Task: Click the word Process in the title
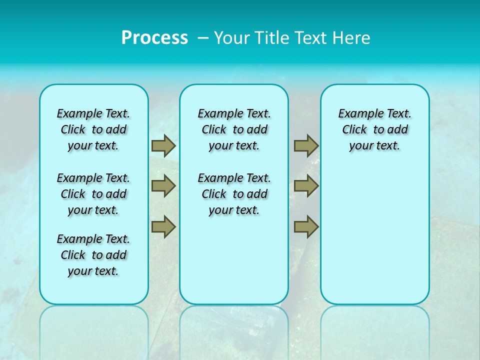[x=154, y=37]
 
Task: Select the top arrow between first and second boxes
[x=163, y=145]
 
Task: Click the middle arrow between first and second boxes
[x=163, y=186]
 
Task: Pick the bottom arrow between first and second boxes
[x=163, y=226]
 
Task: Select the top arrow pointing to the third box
[x=306, y=145]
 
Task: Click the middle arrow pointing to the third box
[x=306, y=186]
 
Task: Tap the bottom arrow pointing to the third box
[x=306, y=226]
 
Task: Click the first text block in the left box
[x=93, y=129]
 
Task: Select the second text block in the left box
[x=93, y=194]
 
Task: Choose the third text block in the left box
[x=93, y=255]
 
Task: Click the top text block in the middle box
[x=234, y=129]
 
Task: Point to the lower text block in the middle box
[x=234, y=194]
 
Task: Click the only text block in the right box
[x=374, y=129]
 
